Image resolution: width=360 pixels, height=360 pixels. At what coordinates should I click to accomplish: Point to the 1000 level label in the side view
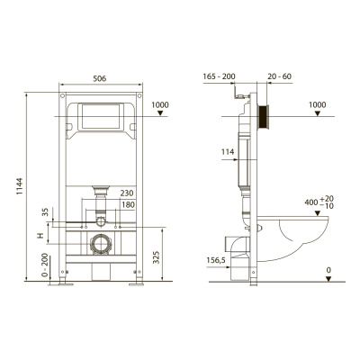click(317, 104)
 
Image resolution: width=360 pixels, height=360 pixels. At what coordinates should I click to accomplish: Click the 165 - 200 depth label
click(217, 77)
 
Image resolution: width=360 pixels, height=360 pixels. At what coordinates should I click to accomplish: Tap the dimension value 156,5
click(217, 262)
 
